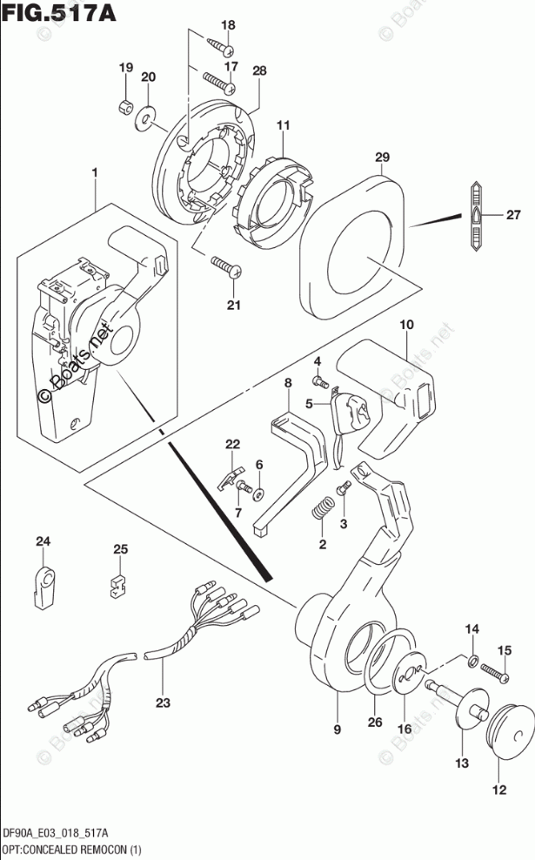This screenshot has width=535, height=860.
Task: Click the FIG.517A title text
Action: point(59,12)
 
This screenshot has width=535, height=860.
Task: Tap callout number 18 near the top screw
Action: point(228,24)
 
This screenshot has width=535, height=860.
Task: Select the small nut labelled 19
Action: point(125,105)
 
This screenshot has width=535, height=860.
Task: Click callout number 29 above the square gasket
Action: point(382,157)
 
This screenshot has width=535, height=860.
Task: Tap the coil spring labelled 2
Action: point(323,507)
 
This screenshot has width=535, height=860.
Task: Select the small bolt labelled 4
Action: point(319,380)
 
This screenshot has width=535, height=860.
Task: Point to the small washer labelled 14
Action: point(473,661)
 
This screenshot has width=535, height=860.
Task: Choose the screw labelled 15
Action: point(495,673)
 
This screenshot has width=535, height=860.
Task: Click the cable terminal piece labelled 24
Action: point(43,588)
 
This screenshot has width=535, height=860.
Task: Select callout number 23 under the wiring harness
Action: point(163,702)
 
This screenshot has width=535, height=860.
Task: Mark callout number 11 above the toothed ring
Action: point(283,125)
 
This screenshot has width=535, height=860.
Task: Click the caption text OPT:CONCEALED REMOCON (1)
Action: point(71,850)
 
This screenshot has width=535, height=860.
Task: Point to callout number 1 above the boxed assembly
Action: point(95,172)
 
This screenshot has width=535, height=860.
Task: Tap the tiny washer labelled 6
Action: point(258,495)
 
